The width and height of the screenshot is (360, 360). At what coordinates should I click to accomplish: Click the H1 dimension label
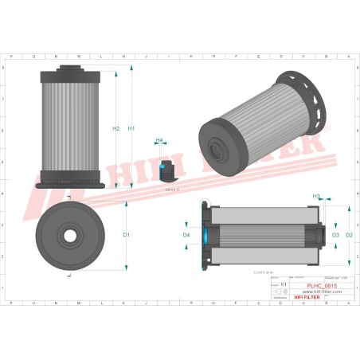(131, 129)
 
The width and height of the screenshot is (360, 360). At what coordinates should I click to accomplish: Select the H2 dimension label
(116, 129)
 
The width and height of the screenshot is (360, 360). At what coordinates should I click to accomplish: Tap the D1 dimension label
(126, 235)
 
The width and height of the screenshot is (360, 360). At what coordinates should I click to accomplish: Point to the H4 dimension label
(159, 141)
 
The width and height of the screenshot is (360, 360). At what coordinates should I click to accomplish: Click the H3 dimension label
(316, 196)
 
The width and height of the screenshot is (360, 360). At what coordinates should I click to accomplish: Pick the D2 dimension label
(348, 235)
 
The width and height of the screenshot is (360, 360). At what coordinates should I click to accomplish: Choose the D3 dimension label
(335, 235)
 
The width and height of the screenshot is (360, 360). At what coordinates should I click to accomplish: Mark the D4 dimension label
(186, 236)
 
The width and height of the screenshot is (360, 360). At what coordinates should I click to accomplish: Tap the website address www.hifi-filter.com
(319, 291)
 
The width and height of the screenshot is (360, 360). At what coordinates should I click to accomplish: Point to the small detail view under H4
(167, 170)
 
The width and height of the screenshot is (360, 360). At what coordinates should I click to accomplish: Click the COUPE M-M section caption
(252, 272)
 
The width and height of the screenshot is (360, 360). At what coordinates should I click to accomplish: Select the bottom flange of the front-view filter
(69, 185)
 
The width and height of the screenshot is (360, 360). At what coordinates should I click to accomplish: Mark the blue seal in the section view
(205, 236)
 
